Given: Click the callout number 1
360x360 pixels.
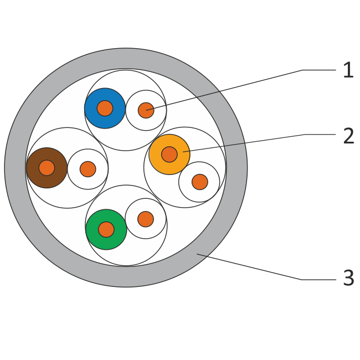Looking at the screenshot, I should click(348, 71).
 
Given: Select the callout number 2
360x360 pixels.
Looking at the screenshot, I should click(348, 136).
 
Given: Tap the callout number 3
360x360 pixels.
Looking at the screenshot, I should click(348, 279).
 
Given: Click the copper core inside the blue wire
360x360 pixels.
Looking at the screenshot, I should click(105, 108).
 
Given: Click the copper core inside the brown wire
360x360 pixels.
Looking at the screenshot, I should click(47, 168).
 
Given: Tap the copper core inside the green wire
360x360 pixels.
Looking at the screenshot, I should click(106, 229).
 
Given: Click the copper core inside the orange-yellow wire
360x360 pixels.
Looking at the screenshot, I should click(169, 154).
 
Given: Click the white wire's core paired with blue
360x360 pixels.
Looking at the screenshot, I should click(146, 110).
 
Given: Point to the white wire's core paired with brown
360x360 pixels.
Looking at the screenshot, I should click(88, 169).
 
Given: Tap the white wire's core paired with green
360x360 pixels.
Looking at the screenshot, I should click(145, 219).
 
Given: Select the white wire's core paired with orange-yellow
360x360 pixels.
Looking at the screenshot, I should click(199, 182).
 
